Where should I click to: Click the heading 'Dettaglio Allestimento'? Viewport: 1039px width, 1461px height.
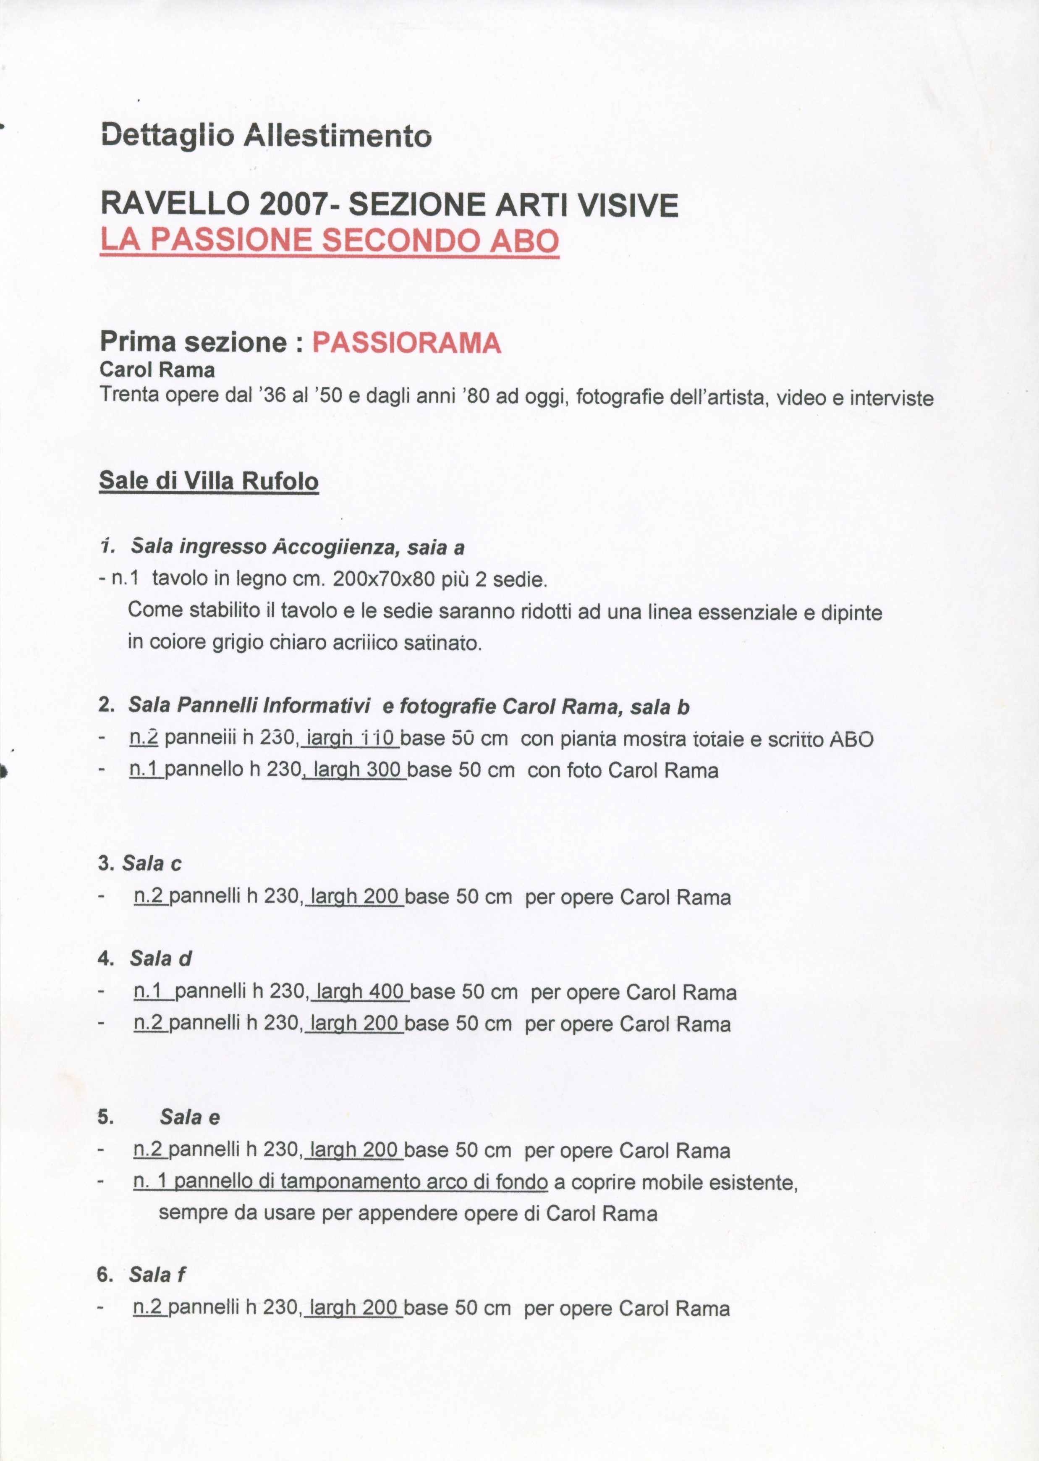pyautogui.click(x=265, y=136)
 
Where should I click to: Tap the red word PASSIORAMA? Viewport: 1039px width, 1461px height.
pyautogui.click(x=406, y=343)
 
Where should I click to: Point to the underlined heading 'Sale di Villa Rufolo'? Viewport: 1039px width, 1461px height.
pyautogui.click(x=209, y=481)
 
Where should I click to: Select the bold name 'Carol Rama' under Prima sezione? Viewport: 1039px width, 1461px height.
pyautogui.click(x=157, y=370)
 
